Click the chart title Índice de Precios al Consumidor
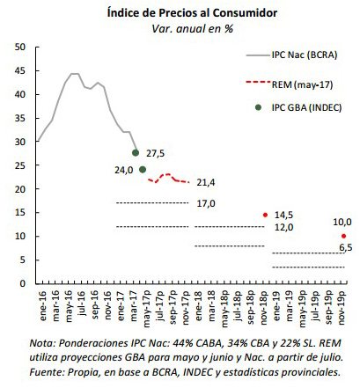pos(192,13)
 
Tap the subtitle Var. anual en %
pos(192,29)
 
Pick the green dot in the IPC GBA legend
pos(258,107)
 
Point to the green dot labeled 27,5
pos(136,153)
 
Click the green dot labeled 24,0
pos(143,170)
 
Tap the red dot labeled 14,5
pos(265,215)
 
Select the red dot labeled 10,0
pos(344,236)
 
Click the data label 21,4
pos(206,183)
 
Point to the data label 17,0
pos(206,203)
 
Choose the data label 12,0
pos(283,227)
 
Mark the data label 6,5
pos(346,248)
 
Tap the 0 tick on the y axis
pos(23,283)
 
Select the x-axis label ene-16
pos(42,305)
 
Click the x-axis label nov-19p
pos(342,308)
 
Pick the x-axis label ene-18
pos(198,305)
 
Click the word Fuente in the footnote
pos(46,372)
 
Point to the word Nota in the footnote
pos(41,343)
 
